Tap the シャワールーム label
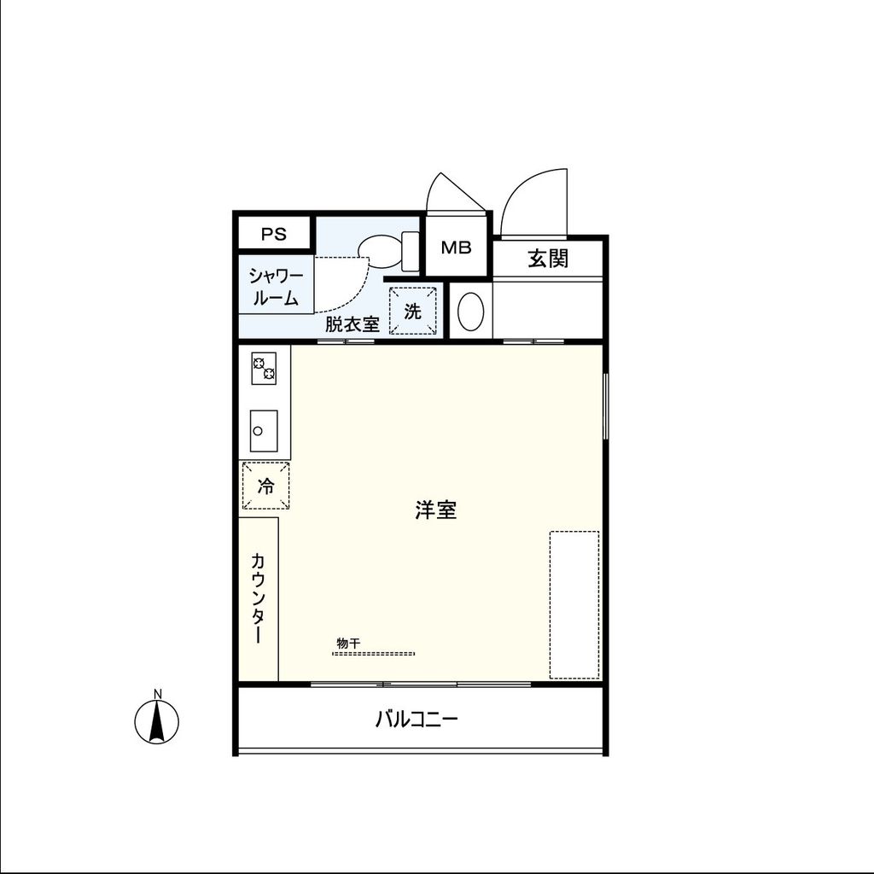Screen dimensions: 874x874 pos(275,287)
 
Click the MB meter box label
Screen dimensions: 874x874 pos(457,248)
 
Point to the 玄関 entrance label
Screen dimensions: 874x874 pos(548,258)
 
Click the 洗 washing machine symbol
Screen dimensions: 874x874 pos(413,312)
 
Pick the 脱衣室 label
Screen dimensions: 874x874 pos(352,324)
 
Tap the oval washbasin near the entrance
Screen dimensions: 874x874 pos(471,312)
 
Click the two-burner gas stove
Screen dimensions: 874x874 pos(264,368)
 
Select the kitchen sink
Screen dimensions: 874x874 pos(263,432)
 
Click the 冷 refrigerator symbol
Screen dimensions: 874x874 pos(265,487)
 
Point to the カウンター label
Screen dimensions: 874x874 pos(258,597)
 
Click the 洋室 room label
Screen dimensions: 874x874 pos(436,510)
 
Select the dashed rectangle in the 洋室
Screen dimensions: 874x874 pos(574,604)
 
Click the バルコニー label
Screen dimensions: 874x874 pos(417,720)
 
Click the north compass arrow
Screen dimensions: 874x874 pos(157,723)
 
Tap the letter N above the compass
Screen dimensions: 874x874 pos(157,693)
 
